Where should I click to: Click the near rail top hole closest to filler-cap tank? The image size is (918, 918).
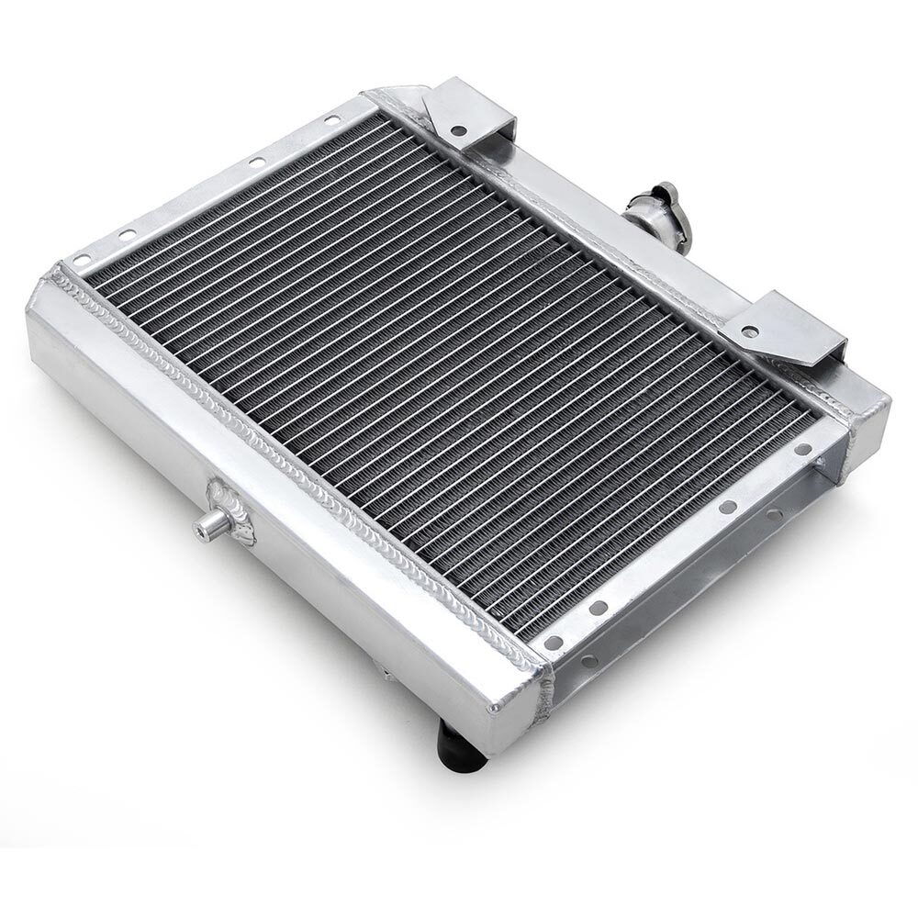point(802,450)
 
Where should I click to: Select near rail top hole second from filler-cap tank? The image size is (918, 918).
point(725,507)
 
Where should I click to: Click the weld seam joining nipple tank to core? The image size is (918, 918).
point(303,459)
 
